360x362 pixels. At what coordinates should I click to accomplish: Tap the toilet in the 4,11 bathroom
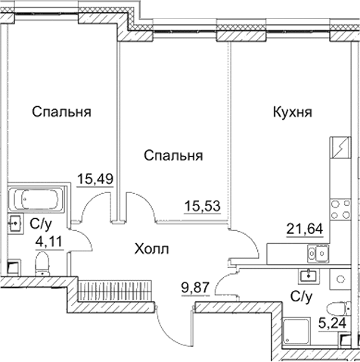click(42, 264)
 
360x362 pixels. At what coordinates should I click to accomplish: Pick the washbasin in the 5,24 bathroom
click(309, 275)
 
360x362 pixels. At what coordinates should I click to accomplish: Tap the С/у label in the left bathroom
click(39, 224)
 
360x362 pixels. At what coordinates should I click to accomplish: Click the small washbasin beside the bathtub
click(15, 223)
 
